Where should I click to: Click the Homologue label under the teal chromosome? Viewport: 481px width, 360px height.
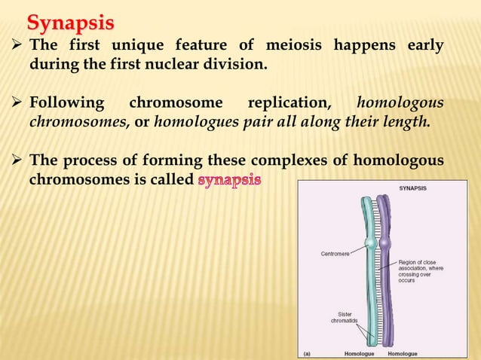[x=360, y=352]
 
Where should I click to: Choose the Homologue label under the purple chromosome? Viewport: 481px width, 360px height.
[x=403, y=352]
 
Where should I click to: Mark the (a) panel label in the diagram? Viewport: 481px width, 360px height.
[x=307, y=352]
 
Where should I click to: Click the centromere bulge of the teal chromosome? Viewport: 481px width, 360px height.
[x=369, y=245]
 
